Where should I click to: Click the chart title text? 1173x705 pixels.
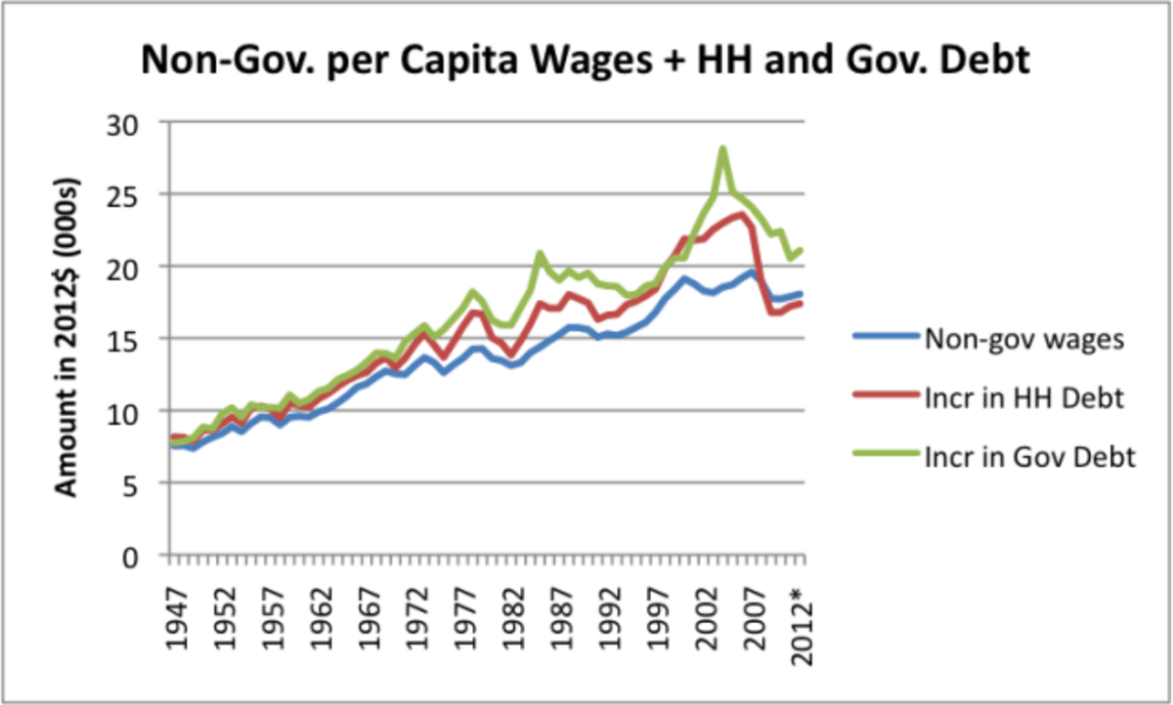[586, 61]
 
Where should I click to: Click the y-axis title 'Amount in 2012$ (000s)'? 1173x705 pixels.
[66, 337]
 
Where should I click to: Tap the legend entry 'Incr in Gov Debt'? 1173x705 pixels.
[1027, 456]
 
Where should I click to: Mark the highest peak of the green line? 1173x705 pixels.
[722, 149]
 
